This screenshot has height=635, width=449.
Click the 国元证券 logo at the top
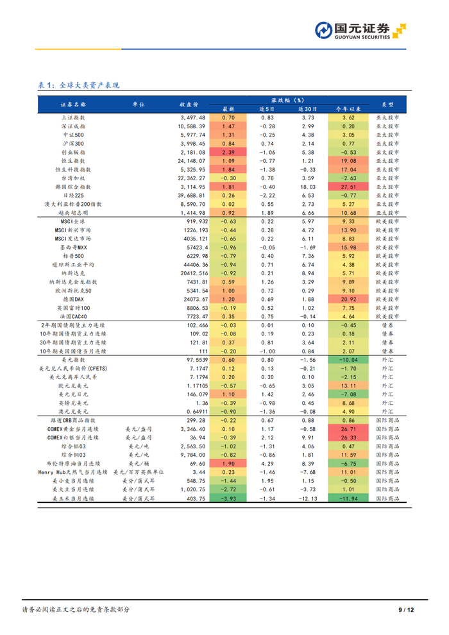360,30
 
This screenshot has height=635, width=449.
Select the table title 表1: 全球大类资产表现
78,85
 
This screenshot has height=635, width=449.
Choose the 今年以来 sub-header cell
349,109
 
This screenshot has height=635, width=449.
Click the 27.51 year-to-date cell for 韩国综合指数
349,187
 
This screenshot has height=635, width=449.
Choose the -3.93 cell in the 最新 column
229,498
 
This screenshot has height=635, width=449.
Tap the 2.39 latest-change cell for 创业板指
229,153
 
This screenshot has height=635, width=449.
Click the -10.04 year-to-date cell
349,360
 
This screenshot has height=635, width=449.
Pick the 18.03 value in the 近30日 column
308,187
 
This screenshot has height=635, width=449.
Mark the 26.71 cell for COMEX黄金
349,428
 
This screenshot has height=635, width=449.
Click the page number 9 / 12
407,609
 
